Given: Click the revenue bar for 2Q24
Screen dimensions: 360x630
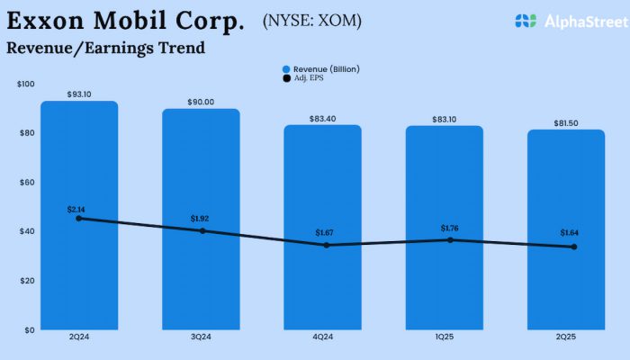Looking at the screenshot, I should [79, 270].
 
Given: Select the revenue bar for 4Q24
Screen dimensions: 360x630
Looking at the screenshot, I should [322, 279].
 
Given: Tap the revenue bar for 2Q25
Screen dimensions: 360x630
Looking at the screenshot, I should [566, 279].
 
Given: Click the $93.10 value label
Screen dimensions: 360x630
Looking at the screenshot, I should [79, 94].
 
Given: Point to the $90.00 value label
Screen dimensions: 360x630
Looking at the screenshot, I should [201, 102].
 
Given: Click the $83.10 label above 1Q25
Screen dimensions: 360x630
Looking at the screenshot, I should [444, 119].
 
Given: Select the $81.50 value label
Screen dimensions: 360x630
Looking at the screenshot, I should [566, 122].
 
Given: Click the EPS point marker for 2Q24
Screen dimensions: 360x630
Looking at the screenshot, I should [79, 218].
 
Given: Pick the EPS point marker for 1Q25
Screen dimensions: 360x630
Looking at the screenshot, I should [444, 239].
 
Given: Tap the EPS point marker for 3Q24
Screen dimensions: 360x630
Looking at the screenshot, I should [202, 230].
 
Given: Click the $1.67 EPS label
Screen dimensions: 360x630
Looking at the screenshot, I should [323, 233].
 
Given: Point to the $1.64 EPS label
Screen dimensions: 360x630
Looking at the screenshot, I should [569, 233].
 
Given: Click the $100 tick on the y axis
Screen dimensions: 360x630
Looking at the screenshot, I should [26, 84].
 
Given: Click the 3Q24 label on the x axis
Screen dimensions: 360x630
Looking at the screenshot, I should [201, 338].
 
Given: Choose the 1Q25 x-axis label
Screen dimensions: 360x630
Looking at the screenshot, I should [444, 338].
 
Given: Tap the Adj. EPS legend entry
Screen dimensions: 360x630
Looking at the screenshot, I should [306, 78].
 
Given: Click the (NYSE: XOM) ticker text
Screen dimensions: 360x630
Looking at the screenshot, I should [310, 20].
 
